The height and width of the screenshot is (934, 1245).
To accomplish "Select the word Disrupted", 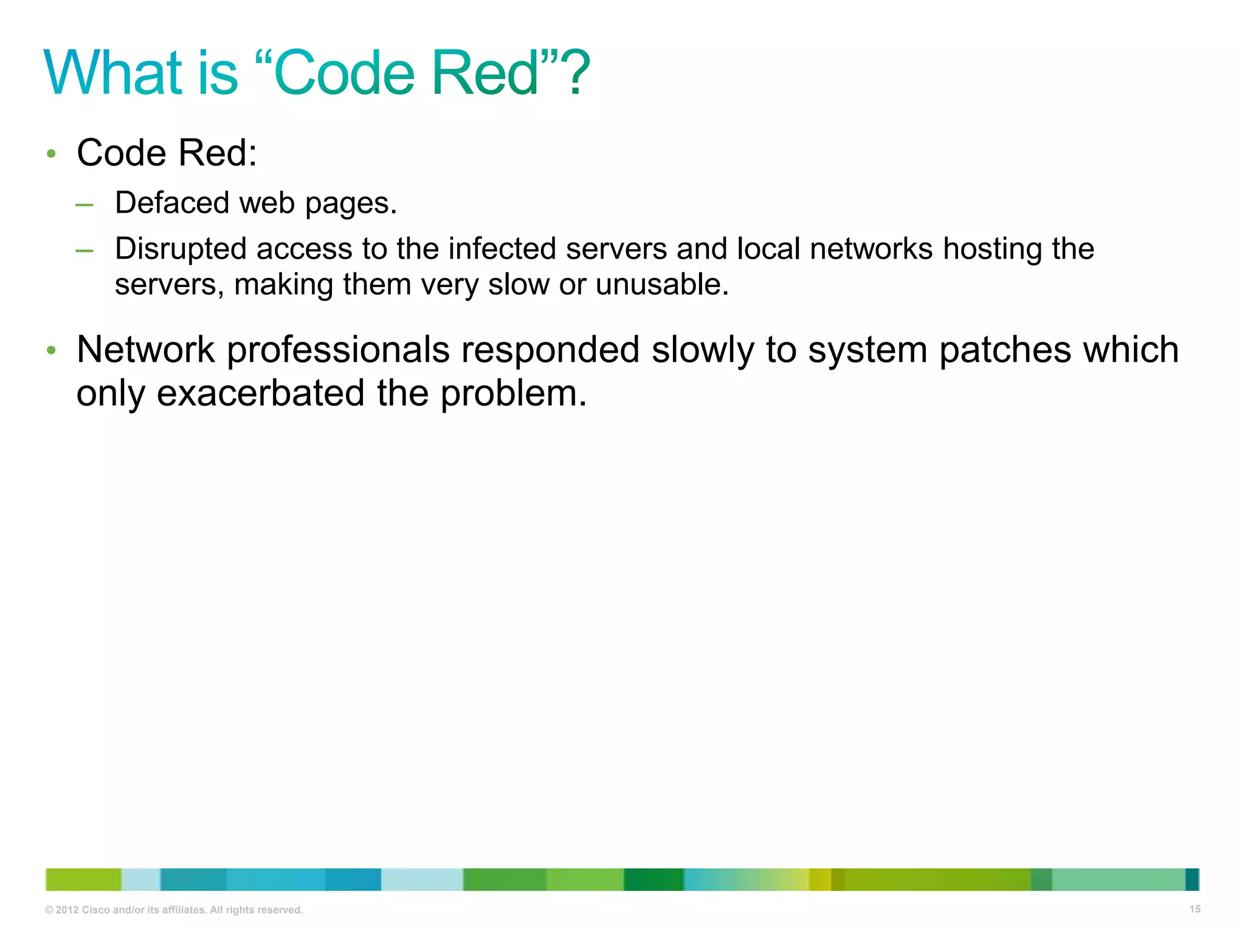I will (181, 249).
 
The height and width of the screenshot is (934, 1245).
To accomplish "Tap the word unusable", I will (661, 285).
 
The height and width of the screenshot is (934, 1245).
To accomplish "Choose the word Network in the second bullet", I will (145, 350).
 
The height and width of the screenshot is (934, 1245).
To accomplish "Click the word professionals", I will (338, 351).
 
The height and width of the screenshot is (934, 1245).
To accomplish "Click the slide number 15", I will (1195, 909).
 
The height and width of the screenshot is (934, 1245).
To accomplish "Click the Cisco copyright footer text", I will (174, 910).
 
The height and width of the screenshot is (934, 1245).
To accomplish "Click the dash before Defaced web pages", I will (84, 205).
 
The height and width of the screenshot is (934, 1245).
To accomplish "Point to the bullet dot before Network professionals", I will (52, 351).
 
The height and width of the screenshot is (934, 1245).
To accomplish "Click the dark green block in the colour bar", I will (653, 879).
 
